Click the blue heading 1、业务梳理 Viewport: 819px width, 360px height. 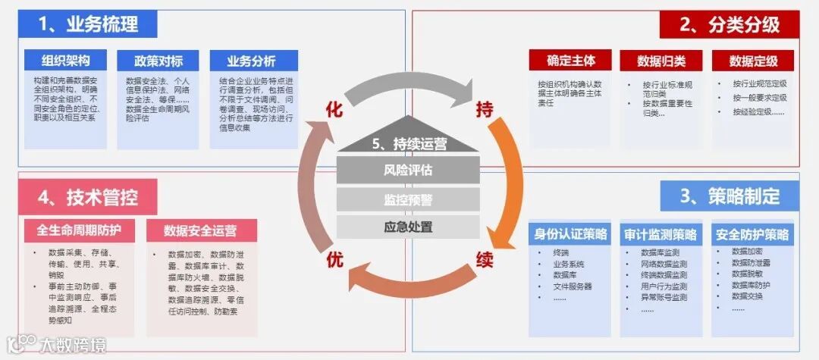88,23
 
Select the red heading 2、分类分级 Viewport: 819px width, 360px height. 730,24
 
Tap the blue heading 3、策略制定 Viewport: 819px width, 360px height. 730,197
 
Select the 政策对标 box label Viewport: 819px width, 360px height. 157,61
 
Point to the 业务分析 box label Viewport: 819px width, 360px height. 252,61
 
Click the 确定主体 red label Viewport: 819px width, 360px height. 571,61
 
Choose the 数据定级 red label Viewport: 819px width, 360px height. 752,61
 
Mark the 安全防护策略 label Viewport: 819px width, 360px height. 752,234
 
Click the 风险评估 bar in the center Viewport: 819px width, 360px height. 408,171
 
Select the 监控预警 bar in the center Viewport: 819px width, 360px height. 408,199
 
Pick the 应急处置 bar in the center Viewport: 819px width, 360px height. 408,226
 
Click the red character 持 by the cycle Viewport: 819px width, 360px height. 484,110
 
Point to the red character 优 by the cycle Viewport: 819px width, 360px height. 334,260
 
